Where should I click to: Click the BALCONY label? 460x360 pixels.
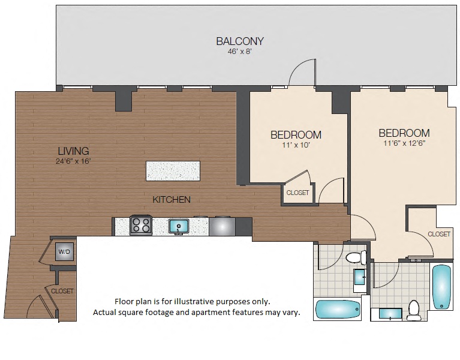[x=240, y=41]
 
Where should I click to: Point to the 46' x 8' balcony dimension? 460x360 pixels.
[x=240, y=52]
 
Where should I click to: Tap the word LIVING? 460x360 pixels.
[x=73, y=151]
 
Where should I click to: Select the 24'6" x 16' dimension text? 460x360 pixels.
[x=73, y=161]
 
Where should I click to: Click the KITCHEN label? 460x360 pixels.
[x=171, y=199]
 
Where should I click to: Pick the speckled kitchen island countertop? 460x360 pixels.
[x=173, y=171]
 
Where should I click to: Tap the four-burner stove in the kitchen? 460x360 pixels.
[x=141, y=226]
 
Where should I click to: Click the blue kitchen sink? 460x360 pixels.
[x=179, y=226]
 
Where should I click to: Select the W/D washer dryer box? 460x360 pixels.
[x=64, y=253]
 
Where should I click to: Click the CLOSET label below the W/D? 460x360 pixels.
[x=62, y=291]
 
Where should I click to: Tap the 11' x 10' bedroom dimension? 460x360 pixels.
[x=295, y=145]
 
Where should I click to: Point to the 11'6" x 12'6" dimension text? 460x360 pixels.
[x=404, y=143]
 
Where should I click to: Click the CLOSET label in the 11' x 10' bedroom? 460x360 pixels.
[x=297, y=193]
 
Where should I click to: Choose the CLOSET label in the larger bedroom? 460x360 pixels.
[x=439, y=234]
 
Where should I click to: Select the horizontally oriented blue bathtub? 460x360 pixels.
[x=338, y=309]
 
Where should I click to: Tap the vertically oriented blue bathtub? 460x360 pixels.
[x=441, y=286]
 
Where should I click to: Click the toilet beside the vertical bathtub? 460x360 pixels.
[x=413, y=308]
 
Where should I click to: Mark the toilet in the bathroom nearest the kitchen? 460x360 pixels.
[x=356, y=258]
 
